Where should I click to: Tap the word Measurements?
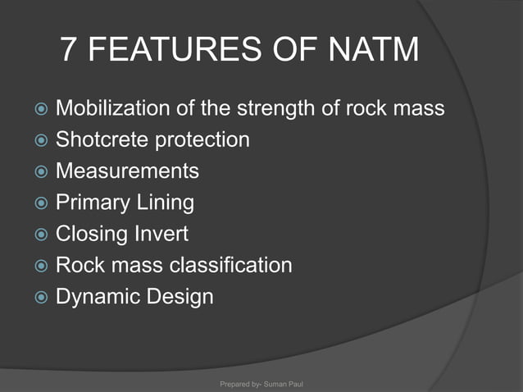pos(127,171)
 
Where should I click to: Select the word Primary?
pos(88,203)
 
